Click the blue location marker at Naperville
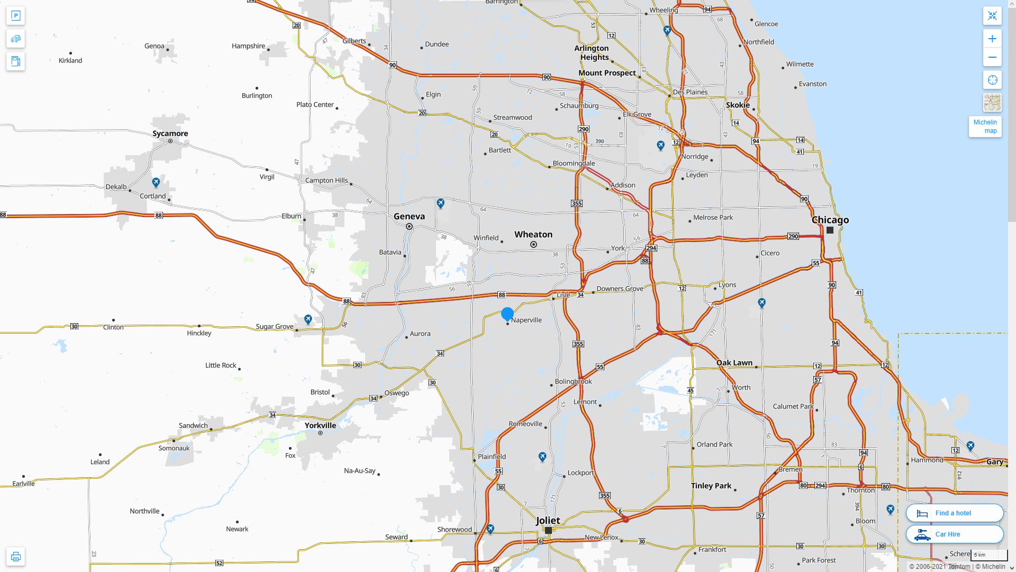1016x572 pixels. click(x=507, y=314)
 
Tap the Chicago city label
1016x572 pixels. click(x=830, y=220)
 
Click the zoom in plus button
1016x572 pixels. click(x=992, y=39)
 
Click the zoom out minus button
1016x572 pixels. click(x=992, y=57)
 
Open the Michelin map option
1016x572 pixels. click(x=985, y=127)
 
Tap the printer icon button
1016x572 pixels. click(x=16, y=557)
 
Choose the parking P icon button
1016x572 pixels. click(x=16, y=16)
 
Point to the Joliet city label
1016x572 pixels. click(x=548, y=520)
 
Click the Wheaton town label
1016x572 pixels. click(x=533, y=234)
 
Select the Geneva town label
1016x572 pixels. click(x=409, y=216)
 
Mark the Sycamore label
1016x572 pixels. click(x=170, y=133)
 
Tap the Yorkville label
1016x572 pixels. click(x=320, y=425)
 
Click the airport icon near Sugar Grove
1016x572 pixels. click(x=308, y=319)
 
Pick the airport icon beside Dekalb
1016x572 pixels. click(x=156, y=183)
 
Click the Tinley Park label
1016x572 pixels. click(x=711, y=486)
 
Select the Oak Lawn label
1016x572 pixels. click(x=734, y=363)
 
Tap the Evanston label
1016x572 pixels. click(x=812, y=84)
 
